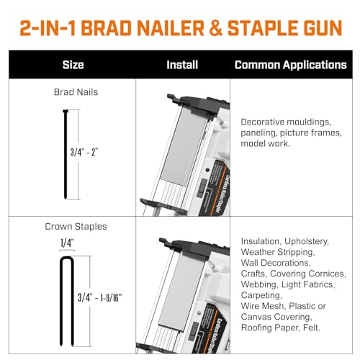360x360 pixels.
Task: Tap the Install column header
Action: [x=182, y=65]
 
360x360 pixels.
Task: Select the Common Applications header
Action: [x=290, y=65]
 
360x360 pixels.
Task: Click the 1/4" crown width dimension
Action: [x=66, y=243]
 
